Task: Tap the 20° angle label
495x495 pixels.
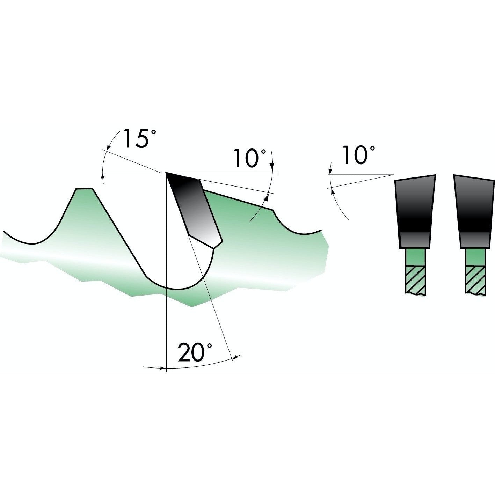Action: click(x=195, y=352)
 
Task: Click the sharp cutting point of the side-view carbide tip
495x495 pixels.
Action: click(x=167, y=173)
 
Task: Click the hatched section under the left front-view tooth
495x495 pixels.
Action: click(x=415, y=279)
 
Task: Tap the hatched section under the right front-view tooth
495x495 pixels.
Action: click(x=475, y=279)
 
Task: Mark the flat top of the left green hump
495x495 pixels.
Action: click(x=84, y=189)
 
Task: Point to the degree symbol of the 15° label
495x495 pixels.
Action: click(x=153, y=132)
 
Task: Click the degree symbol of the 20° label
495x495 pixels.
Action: click(x=209, y=346)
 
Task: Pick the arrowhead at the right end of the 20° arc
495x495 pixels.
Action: click(x=235, y=357)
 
